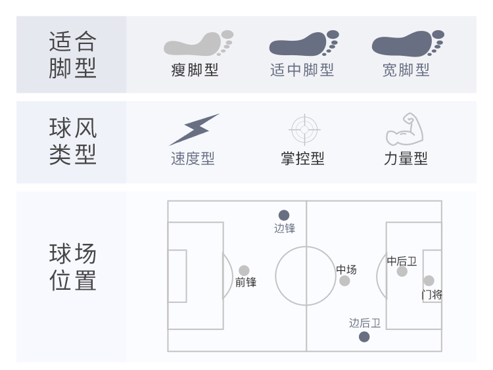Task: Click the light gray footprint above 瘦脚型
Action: point(198,44)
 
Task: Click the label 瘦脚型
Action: point(195,70)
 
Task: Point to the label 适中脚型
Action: point(302,70)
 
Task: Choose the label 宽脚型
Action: point(406,70)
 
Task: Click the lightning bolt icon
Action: point(194,129)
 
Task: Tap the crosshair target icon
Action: point(304,129)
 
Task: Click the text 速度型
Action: point(193,159)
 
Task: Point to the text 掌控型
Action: point(302,159)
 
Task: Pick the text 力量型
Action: point(406,159)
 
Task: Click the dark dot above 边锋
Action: point(284,215)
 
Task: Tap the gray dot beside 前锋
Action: point(244,270)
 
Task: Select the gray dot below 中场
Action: point(344,281)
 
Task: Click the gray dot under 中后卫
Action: point(402,271)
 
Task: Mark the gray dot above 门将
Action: point(429,281)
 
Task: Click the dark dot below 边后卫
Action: point(364,337)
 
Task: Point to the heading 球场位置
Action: point(72,267)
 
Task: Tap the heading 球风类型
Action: point(72,141)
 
